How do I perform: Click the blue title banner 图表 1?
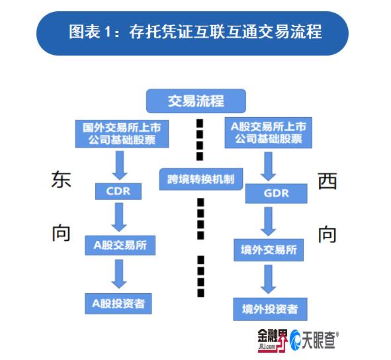[193, 33]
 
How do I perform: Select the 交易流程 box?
[196, 101]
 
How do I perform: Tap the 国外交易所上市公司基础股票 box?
[122, 134]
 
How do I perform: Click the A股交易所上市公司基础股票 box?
[269, 133]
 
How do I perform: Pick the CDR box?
[118, 191]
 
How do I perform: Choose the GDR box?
[277, 193]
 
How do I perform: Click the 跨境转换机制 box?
[201, 179]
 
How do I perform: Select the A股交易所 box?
[120, 246]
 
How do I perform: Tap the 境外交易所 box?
[269, 250]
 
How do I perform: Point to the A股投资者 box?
[118, 304]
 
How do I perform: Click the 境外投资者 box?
[270, 309]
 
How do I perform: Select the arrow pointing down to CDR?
[120, 165]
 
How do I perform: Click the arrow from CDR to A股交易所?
[119, 217]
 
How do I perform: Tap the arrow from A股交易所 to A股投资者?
[119, 274]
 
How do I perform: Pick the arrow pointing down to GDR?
[269, 167]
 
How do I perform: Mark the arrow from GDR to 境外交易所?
[269, 222]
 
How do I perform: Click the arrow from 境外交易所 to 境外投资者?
[269, 279]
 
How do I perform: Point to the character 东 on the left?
[61, 179]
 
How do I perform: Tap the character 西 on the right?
[327, 181]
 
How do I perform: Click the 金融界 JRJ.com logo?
[273, 341]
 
